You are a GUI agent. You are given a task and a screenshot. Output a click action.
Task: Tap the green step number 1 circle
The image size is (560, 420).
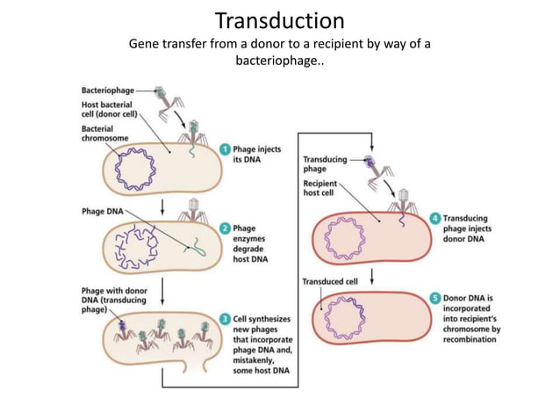pyautogui.click(x=226, y=149)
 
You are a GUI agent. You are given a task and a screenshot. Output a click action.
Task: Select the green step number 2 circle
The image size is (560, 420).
pyautogui.click(x=226, y=228)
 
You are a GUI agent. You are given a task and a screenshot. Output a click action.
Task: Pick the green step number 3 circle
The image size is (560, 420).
pyautogui.click(x=226, y=319)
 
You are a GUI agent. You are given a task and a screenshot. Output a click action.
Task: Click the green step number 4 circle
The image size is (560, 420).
pyautogui.click(x=435, y=218)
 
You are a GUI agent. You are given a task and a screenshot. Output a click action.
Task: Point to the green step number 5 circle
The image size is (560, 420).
pyautogui.click(x=435, y=299)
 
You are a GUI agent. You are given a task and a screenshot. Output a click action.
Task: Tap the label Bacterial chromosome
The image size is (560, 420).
pyautogui.click(x=104, y=133)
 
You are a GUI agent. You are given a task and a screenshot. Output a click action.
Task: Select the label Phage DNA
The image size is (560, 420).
pyautogui.click(x=102, y=211)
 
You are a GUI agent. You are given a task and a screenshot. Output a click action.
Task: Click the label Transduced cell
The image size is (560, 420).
pyautogui.click(x=330, y=282)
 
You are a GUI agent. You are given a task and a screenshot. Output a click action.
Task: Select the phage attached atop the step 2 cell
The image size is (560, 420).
pyautogui.click(x=192, y=210)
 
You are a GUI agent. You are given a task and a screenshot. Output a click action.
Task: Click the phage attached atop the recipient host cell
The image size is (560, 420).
pyautogui.click(x=401, y=200)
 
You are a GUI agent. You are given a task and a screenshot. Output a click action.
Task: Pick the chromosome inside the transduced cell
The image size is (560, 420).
pyautogui.click(x=345, y=317)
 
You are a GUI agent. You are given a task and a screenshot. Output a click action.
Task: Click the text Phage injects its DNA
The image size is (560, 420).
pyautogui.click(x=257, y=155)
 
